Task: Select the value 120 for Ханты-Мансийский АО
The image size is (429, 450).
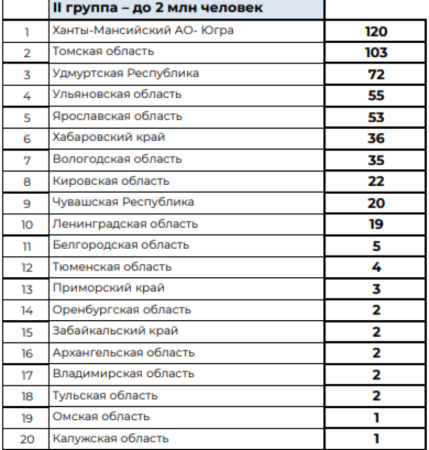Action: [x=376, y=31]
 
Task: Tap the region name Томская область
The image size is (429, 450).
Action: [x=103, y=51]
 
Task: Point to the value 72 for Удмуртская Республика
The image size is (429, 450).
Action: [x=376, y=74]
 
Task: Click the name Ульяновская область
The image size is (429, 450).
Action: [x=117, y=94]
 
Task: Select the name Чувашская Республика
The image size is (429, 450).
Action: [x=123, y=202]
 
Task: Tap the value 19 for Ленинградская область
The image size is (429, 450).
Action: [x=376, y=224]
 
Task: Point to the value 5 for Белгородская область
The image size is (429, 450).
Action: [x=376, y=246]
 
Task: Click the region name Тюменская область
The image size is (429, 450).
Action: [x=112, y=266]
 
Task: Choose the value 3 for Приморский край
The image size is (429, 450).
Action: [x=376, y=289]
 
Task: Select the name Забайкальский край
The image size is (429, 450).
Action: [x=115, y=330]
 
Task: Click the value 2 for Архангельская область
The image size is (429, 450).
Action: [x=376, y=353]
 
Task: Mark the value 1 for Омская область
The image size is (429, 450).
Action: [x=376, y=417]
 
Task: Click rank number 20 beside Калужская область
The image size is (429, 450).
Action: [x=27, y=439]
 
